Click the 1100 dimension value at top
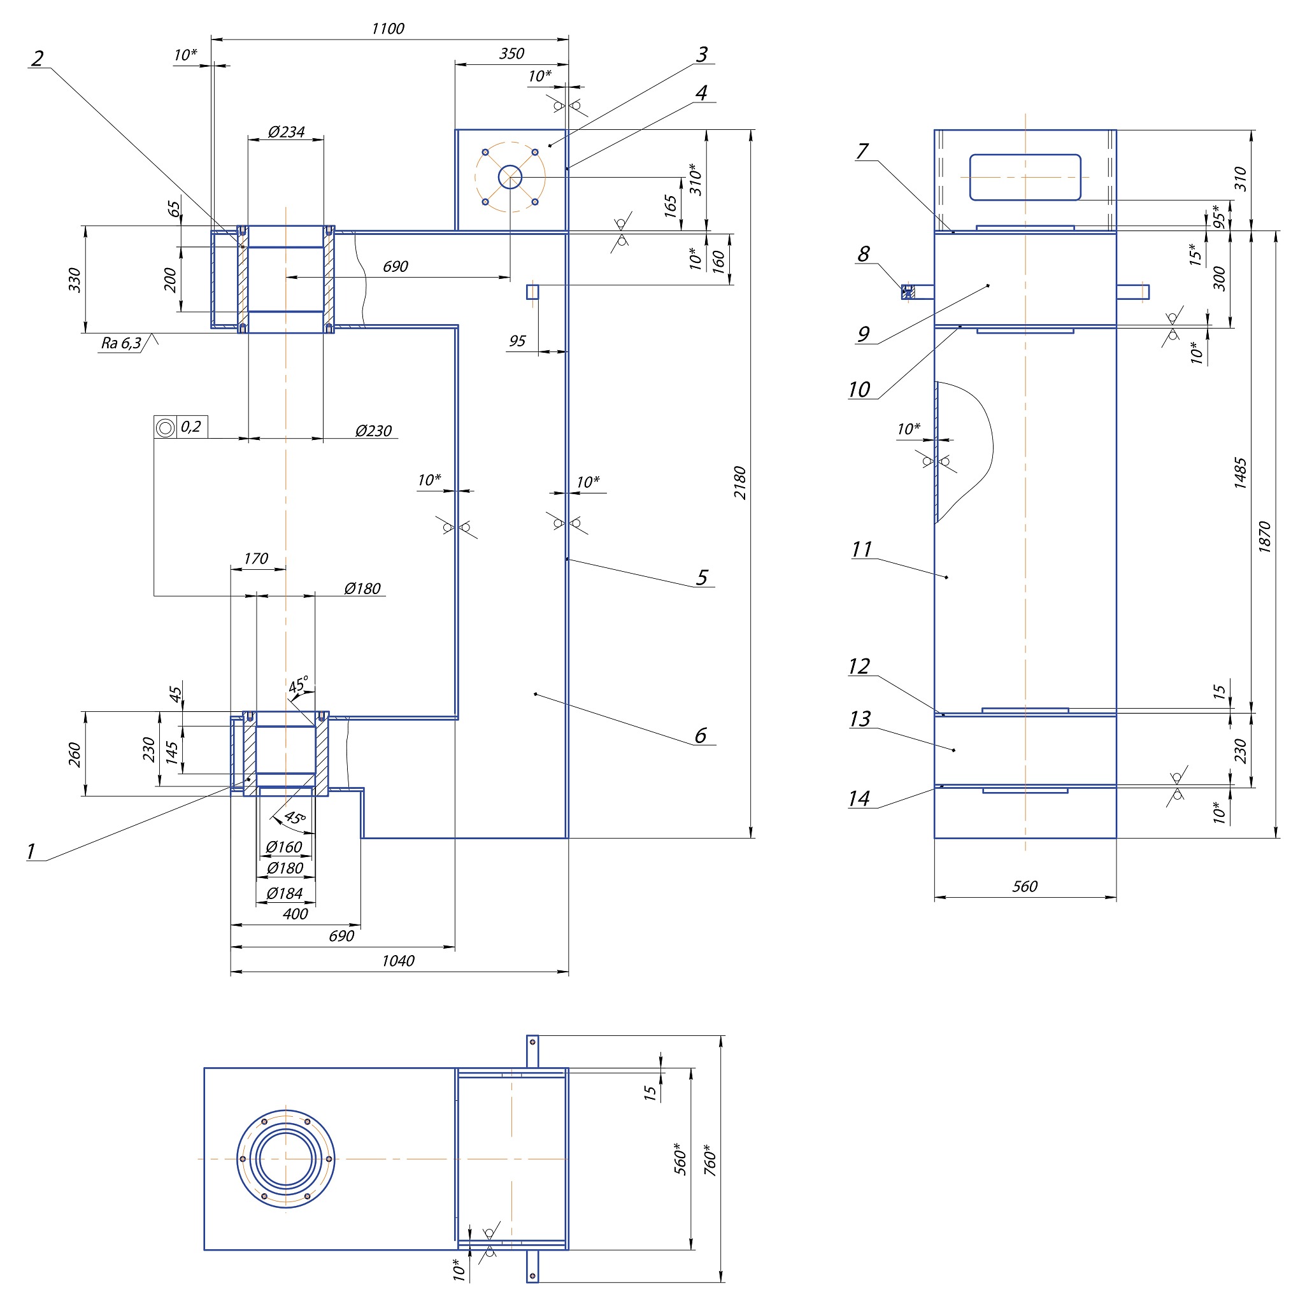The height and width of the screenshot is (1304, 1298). tap(388, 29)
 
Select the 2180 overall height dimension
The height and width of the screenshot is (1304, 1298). tap(740, 483)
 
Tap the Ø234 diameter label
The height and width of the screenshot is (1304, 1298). tap(286, 132)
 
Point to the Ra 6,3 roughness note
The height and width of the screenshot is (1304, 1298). tap(122, 343)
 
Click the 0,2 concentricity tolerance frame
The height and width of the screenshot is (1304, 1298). tap(181, 427)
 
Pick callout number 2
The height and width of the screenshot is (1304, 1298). tap(37, 58)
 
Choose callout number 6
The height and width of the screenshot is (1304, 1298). tap(701, 735)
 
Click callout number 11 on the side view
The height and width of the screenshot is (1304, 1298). tap(861, 549)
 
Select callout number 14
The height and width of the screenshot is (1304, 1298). tap(859, 798)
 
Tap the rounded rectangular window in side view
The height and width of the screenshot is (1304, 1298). tap(1025, 178)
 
